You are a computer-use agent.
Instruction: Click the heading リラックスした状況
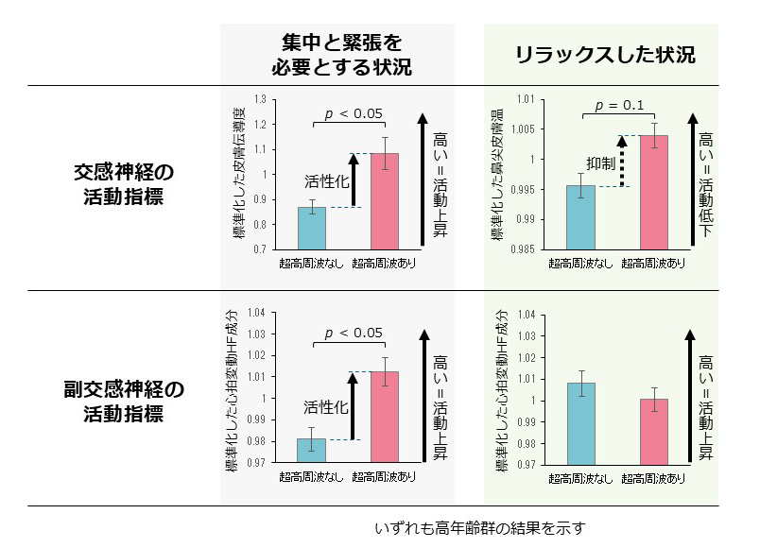605,56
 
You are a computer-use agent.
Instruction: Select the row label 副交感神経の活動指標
124,401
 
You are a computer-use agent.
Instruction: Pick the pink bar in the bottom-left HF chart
385,417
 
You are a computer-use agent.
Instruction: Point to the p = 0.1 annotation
618,104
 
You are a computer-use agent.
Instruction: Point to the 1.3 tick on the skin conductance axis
260,98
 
